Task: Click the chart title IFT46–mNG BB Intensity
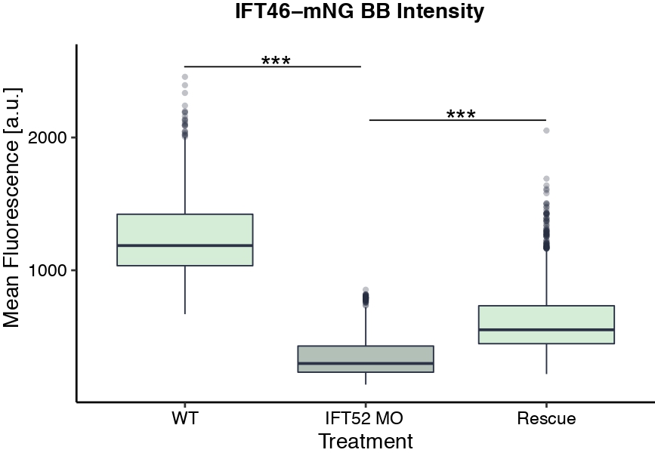click(x=359, y=13)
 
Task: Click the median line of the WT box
click(x=184, y=245)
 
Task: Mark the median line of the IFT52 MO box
click(x=366, y=363)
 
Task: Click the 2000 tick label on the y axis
click(x=47, y=137)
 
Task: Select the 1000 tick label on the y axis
click(x=47, y=270)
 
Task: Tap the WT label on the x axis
click(x=184, y=418)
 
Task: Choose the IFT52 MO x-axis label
click(x=366, y=418)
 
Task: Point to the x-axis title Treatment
click(x=366, y=442)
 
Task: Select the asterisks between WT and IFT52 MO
click(x=276, y=60)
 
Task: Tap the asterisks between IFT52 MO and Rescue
click(x=461, y=115)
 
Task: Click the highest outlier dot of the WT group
click(x=185, y=77)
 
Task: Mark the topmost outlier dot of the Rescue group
click(x=546, y=131)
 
